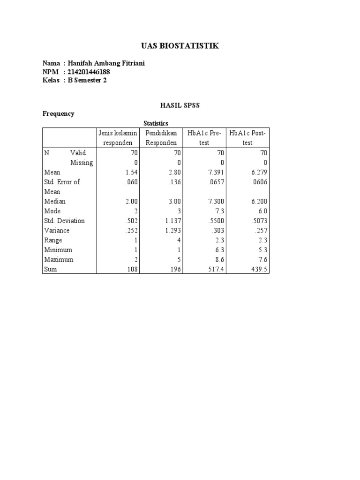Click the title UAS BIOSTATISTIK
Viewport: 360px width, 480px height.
click(180, 46)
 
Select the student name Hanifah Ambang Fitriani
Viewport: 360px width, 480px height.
click(106, 63)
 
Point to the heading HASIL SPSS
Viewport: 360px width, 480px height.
click(180, 105)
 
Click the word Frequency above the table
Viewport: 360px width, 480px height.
click(59, 114)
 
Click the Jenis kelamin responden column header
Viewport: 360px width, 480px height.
click(118, 138)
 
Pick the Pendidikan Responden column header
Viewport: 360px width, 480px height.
click(161, 138)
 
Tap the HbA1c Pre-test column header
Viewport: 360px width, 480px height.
click(204, 138)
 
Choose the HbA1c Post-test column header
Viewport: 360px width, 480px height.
click(247, 138)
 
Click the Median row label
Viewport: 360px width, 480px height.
click(55, 202)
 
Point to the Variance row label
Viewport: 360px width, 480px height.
click(57, 231)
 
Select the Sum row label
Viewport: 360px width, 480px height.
click(51, 270)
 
